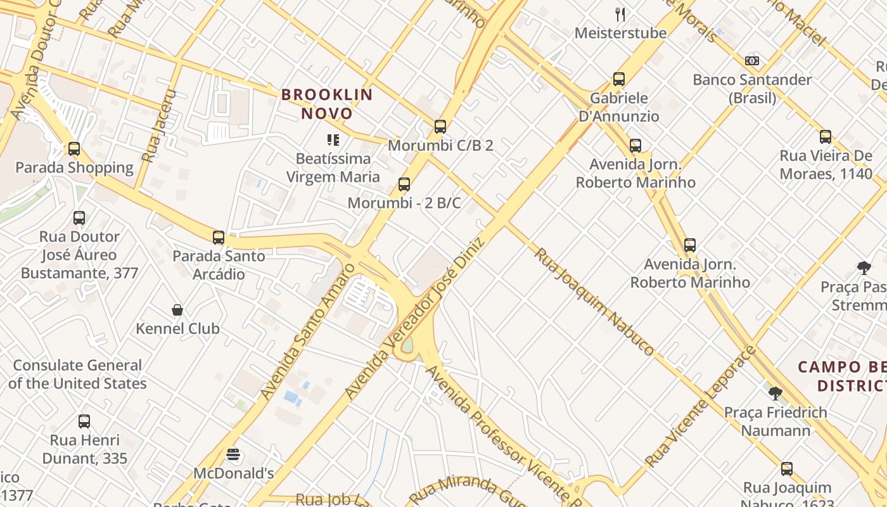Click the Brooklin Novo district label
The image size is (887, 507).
point(327,104)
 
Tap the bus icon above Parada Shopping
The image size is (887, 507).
point(74,149)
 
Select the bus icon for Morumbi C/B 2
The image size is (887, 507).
point(440,127)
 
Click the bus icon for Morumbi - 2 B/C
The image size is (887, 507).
point(404,185)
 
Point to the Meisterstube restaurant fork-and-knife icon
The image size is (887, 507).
point(621,14)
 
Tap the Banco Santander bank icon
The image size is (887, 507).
point(752,61)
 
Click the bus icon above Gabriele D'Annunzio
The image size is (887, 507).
point(619,79)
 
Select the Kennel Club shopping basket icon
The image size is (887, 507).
point(177,310)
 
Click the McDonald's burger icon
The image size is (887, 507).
point(233,454)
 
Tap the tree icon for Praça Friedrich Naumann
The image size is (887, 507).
point(775,394)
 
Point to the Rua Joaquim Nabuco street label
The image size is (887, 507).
point(594,302)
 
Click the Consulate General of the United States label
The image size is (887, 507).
point(77,375)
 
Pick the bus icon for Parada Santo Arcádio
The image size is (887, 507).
point(219,238)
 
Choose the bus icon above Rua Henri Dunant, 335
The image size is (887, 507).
point(84,421)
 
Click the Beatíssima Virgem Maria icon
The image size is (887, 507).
point(333,140)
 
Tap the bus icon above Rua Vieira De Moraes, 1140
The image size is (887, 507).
point(826,137)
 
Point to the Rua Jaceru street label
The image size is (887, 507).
point(158,125)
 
